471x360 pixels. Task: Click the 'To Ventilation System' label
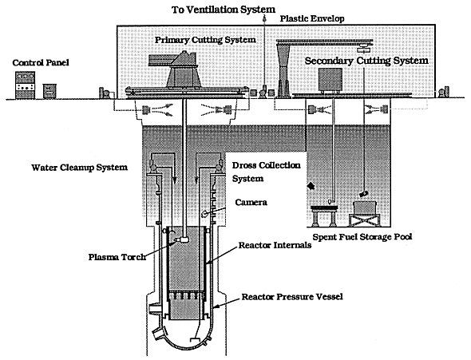224,10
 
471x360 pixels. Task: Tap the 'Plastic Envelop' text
312,18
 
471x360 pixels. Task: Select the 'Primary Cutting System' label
205,40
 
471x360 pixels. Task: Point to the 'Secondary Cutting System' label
366,61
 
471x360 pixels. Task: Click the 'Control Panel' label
41,62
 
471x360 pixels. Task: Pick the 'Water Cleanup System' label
80,168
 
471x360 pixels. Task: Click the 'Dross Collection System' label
266,172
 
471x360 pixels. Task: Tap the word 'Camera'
251,202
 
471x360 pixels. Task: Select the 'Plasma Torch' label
117,257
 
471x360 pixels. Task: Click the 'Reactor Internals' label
275,245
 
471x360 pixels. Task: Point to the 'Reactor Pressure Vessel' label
292,297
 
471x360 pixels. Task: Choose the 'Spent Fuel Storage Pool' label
362,237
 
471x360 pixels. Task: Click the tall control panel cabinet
26,85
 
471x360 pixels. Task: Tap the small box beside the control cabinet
49,91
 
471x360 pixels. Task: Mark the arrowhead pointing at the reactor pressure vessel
216,307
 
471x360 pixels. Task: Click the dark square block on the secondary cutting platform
330,79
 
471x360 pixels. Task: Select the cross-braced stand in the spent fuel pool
364,220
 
